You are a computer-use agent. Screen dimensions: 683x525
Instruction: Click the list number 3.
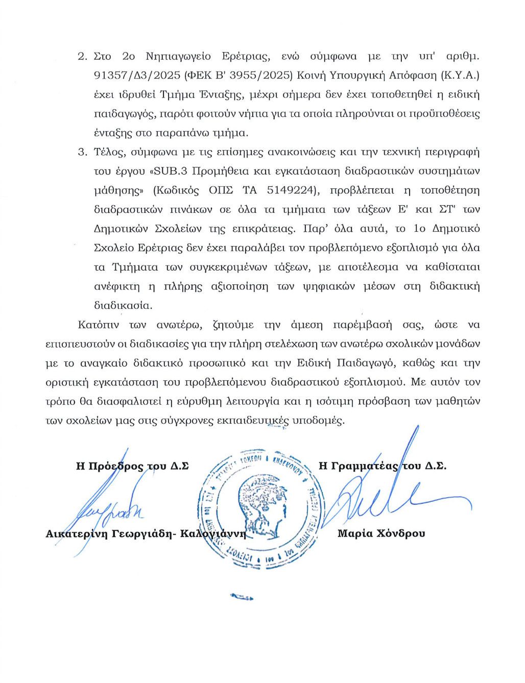pyautogui.click(x=82, y=152)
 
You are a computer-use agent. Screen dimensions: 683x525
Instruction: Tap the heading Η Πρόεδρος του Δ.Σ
pyautogui.click(x=132, y=466)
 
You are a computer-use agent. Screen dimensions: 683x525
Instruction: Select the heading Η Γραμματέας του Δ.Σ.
pyautogui.click(x=383, y=466)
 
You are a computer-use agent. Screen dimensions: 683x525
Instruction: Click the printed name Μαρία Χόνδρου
pyautogui.click(x=381, y=534)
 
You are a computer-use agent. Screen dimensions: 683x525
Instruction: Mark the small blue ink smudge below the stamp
pyautogui.click(x=242, y=596)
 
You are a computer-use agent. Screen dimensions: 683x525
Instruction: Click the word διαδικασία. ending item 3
pyautogui.click(x=123, y=306)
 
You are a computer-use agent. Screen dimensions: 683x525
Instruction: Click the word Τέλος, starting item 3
pyautogui.click(x=108, y=152)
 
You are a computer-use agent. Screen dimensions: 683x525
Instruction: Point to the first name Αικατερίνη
pyautogui.click(x=76, y=534)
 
